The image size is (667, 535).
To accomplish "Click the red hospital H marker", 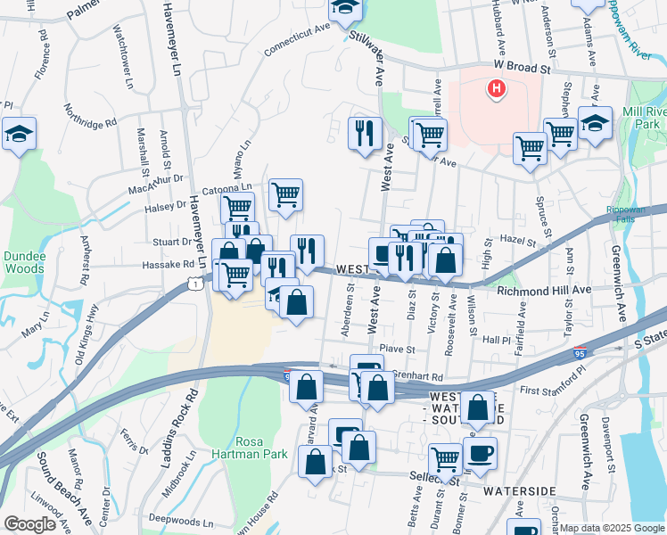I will [496, 88].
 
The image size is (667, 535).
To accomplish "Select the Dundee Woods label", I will [24, 261].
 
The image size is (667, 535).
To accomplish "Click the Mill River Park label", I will [645, 118].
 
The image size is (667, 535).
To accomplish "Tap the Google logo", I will [30, 524].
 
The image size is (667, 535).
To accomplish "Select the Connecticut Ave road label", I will [298, 38].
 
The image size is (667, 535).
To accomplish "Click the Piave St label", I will [397, 349].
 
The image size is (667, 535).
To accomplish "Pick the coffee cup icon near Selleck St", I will [480, 452].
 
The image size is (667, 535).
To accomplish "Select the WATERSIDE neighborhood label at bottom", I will [520, 491].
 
